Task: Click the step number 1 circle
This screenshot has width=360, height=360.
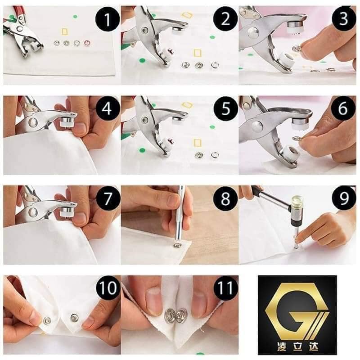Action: [x=107, y=21]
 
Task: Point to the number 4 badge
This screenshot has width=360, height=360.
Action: [x=107, y=110]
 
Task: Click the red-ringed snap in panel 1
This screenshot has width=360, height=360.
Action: [x=88, y=43]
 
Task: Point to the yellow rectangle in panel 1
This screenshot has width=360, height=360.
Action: [x=64, y=31]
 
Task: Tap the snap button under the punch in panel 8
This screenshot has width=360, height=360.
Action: [x=177, y=245]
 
